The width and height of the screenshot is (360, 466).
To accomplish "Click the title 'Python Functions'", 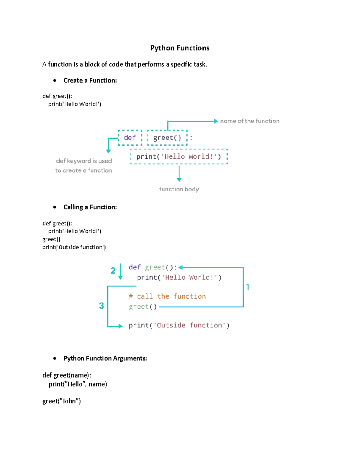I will [180, 48].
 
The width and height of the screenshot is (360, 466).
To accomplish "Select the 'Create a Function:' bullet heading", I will [90, 80].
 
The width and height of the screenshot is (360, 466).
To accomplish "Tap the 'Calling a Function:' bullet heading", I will [90, 207].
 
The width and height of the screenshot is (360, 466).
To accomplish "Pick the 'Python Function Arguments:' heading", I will [105, 358].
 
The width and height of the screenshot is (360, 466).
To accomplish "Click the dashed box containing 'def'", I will [130, 138].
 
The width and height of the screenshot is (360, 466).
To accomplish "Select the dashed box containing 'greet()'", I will [167, 138].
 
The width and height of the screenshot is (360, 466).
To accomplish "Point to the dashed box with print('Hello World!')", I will [179, 157].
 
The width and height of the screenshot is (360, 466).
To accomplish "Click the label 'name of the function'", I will [250, 121].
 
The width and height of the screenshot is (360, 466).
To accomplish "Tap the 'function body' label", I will [179, 189].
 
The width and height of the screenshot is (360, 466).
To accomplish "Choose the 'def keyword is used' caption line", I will [84, 161].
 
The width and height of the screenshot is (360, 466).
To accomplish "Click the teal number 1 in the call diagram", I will [248, 287].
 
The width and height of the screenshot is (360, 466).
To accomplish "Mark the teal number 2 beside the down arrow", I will [113, 271].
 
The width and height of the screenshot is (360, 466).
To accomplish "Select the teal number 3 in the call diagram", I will [101, 306].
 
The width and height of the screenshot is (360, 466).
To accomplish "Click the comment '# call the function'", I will [167, 296].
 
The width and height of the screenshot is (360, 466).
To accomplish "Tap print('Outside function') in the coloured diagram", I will [179, 325].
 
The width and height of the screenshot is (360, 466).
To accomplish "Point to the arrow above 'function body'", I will [179, 174].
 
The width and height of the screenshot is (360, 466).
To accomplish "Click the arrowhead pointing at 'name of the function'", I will [216, 121].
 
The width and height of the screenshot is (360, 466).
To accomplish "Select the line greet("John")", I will [61, 401].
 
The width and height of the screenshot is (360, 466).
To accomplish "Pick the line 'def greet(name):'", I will [67, 375].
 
